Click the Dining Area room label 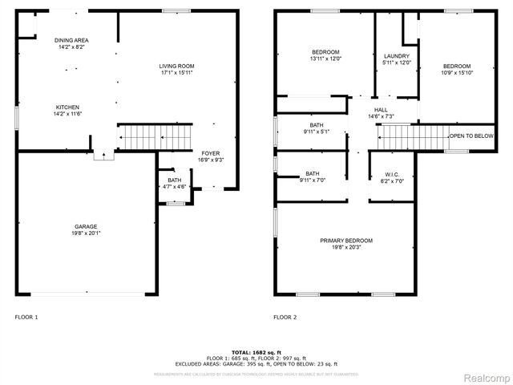[x=71, y=40]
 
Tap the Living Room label [x=176, y=66]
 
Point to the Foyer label [x=210, y=153]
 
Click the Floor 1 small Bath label [x=175, y=180]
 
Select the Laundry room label [x=397, y=55]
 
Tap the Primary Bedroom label [x=346, y=241]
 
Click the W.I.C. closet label [x=391, y=176]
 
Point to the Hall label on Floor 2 [x=380, y=111]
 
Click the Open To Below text [x=471, y=136]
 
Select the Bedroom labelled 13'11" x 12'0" [x=325, y=52]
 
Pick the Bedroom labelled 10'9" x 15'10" [x=457, y=66]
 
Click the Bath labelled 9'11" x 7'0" [x=312, y=174]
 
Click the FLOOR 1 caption [x=26, y=318]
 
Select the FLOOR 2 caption [x=285, y=318]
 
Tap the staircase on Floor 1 [x=156, y=137]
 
